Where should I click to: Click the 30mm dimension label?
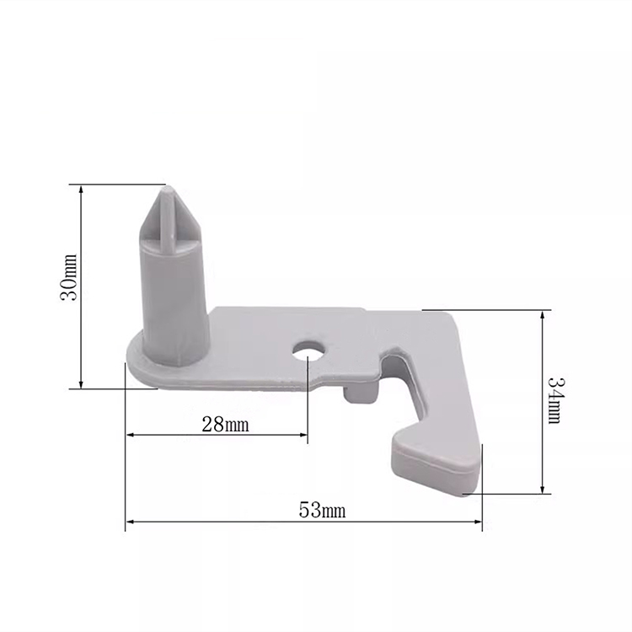[x=68, y=277]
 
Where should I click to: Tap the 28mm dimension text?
[x=225, y=425]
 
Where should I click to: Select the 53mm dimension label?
[x=322, y=511]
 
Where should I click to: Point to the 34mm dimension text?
[x=556, y=400]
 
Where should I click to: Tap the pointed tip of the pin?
[x=168, y=188]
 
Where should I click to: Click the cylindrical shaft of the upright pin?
[x=176, y=303]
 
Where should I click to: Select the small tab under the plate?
[x=361, y=392]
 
